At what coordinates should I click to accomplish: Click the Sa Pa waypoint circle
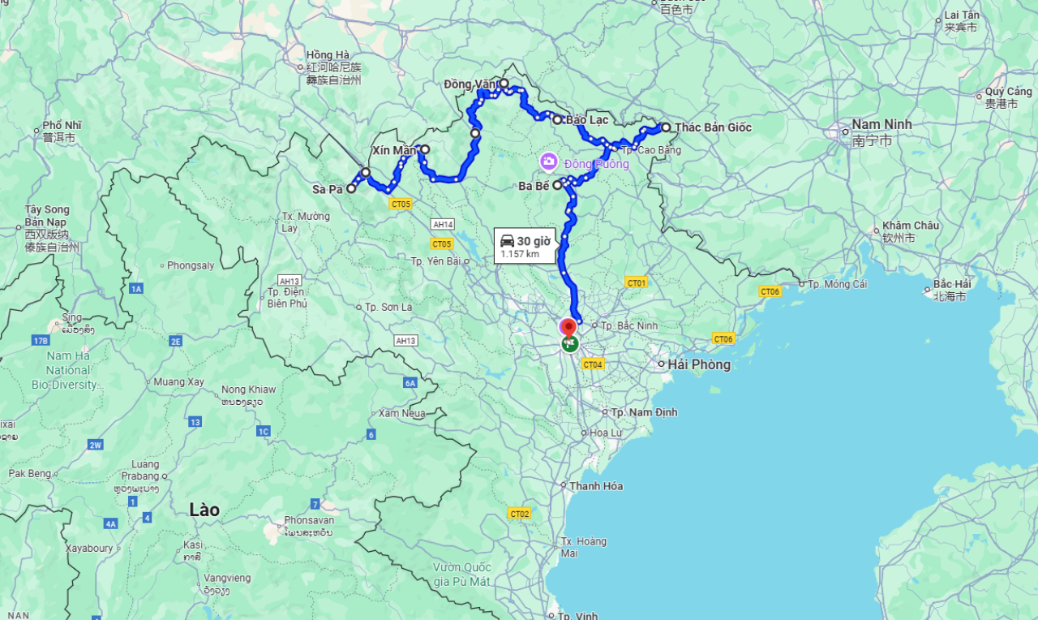(x=351, y=188)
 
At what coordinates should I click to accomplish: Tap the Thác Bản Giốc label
(x=713, y=127)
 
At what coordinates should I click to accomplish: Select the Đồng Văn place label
(x=469, y=84)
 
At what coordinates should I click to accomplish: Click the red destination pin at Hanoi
(x=568, y=328)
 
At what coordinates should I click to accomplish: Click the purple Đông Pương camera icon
(x=549, y=162)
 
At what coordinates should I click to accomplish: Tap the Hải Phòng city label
(x=699, y=364)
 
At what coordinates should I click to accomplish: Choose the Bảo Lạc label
(x=587, y=120)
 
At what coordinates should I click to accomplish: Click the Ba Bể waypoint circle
(x=558, y=185)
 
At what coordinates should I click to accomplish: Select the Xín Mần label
(x=394, y=150)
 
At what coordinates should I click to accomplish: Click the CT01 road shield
(x=637, y=282)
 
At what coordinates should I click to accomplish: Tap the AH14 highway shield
(x=444, y=224)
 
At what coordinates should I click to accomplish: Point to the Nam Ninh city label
(x=881, y=124)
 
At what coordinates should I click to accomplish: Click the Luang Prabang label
(x=139, y=470)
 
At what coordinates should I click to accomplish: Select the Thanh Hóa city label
(x=596, y=486)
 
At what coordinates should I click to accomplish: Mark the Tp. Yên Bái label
(x=435, y=261)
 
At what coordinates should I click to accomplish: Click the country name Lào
(x=204, y=510)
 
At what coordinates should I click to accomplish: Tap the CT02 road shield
(x=519, y=514)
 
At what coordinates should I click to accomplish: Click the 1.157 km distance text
(x=520, y=254)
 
